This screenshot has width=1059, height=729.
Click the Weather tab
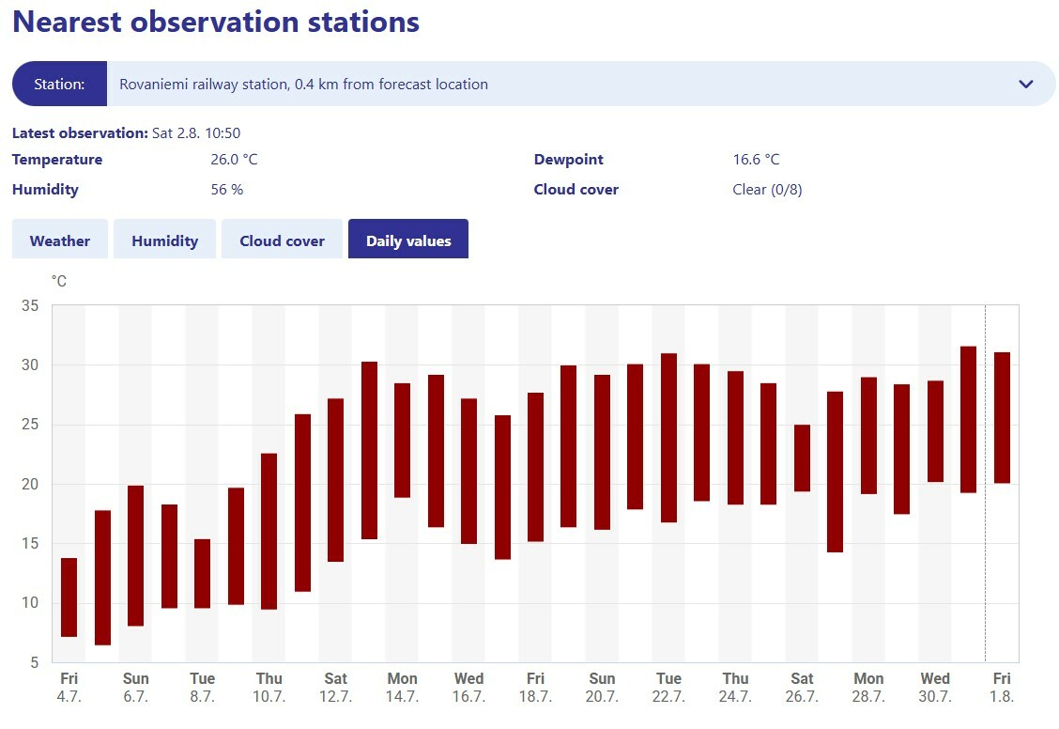click(x=60, y=240)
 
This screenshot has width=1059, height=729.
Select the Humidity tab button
click(x=164, y=240)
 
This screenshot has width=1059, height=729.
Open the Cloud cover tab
click(x=282, y=240)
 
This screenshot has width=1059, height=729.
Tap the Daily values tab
click(x=408, y=240)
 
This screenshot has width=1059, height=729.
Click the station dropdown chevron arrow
click(x=1025, y=85)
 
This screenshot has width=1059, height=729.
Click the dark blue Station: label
click(x=59, y=85)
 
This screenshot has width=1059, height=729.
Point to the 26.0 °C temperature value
click(x=234, y=160)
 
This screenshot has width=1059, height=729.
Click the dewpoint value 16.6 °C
click(x=756, y=160)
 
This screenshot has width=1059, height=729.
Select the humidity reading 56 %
click(x=226, y=190)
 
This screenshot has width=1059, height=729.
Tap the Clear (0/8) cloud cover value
click(x=767, y=190)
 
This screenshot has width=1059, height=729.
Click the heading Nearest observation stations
click(x=216, y=22)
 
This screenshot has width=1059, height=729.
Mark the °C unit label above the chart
click(x=59, y=281)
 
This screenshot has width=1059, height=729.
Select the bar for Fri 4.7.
click(x=69, y=597)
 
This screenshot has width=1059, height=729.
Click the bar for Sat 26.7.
click(x=802, y=458)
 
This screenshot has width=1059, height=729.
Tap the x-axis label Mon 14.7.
click(x=402, y=688)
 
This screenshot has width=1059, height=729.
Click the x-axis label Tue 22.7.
click(x=668, y=688)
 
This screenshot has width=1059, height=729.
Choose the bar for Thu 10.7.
click(x=269, y=532)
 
